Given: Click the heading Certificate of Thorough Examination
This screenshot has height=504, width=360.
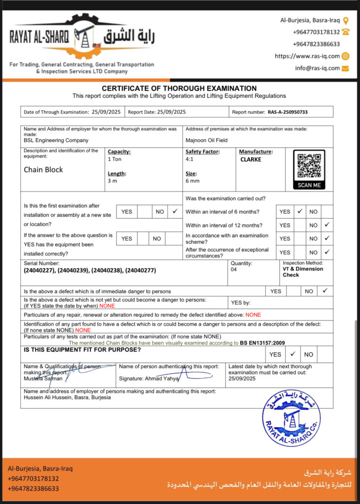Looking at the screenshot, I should coord(179,88).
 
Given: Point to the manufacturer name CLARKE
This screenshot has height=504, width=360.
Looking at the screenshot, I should coord(251,159).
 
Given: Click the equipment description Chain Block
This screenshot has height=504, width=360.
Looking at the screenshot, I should coord(43,170).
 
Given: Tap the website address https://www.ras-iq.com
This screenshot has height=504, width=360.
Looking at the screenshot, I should coord(307,56).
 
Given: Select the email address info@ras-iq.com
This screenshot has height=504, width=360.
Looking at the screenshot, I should coord(318,68).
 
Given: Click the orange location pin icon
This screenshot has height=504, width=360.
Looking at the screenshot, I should coord(346,21).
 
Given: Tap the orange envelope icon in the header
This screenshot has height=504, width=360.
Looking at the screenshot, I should coord(345,68).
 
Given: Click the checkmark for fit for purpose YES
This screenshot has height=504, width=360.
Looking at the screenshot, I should coord(293,354).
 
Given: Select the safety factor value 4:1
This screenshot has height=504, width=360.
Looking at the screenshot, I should coord(190,159).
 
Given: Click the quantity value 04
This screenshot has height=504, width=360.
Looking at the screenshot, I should coord(233,269).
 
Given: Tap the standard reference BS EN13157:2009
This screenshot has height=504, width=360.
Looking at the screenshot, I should coord(262,343).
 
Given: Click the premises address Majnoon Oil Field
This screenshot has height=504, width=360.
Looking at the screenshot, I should coord(207,140).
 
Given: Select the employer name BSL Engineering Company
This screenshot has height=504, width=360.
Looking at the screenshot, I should coord(56,140).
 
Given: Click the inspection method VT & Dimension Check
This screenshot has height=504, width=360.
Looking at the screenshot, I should coord(302,272).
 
